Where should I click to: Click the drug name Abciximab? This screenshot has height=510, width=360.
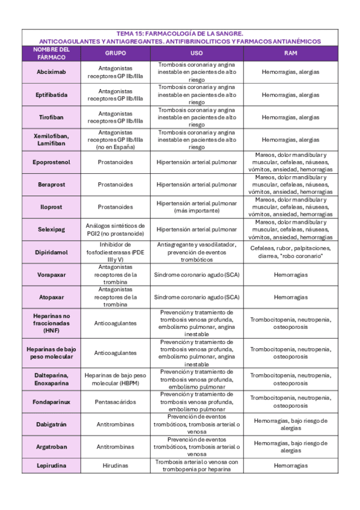(x=52, y=72)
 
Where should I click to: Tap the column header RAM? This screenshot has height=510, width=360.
(x=290, y=54)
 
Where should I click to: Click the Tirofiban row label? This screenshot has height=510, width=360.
(x=52, y=117)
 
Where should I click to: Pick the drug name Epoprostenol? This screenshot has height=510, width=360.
(x=52, y=162)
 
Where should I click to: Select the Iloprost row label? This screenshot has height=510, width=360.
(x=52, y=207)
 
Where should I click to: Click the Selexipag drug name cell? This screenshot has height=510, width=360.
(x=52, y=230)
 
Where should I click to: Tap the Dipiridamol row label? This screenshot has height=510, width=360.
(x=52, y=252)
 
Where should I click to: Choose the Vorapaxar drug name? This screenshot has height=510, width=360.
(x=52, y=275)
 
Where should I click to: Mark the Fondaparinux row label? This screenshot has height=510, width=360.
(x=52, y=401)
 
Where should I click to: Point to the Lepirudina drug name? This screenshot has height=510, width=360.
(x=52, y=465)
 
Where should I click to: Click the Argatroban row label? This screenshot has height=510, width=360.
(x=52, y=447)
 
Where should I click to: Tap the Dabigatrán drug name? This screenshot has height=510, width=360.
(x=52, y=425)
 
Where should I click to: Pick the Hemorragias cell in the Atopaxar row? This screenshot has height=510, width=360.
(x=290, y=297)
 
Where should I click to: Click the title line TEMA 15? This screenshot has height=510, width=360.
(x=179, y=34)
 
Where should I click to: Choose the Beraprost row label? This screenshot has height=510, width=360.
(x=52, y=185)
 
